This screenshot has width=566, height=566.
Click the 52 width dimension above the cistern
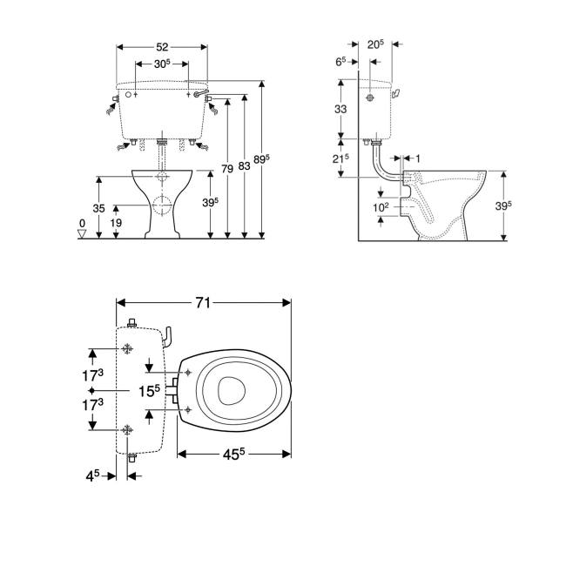[x=163, y=47]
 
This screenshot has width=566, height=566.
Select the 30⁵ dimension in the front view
[x=162, y=64]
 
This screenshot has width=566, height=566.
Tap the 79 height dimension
[x=227, y=169]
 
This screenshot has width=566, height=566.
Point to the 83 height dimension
[x=245, y=166]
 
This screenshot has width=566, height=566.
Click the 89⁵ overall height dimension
[x=262, y=159]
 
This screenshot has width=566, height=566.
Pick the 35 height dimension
[x=99, y=208]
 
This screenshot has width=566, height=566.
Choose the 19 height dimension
[x=116, y=223]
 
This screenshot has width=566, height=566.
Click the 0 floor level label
[x=82, y=224]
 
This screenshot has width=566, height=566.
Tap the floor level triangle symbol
[x=82, y=234]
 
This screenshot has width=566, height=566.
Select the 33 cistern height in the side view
[x=340, y=109]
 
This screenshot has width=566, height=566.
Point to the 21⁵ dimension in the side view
[x=340, y=158]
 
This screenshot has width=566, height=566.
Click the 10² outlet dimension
[x=381, y=207]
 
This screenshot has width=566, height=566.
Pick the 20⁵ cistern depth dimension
[x=375, y=44]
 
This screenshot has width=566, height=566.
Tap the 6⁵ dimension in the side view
[x=340, y=61]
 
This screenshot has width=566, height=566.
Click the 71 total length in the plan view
[x=203, y=302]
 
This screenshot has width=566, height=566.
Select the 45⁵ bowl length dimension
[x=233, y=454]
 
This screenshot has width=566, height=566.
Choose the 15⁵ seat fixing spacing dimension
[x=150, y=391]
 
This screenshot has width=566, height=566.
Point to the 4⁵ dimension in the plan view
[x=92, y=476]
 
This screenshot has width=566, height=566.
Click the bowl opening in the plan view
[x=232, y=391]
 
